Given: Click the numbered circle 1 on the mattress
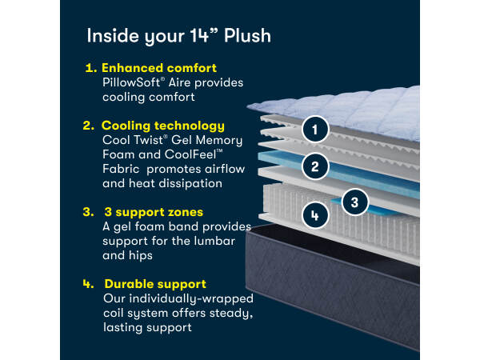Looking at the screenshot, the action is [315, 129].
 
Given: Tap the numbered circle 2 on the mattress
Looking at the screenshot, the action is [315, 166].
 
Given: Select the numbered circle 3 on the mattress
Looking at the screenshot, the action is [354, 202].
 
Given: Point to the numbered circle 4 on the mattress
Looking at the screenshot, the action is [315, 215].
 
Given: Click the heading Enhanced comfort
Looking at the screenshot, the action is [159, 68].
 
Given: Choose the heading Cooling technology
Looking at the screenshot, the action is [163, 126].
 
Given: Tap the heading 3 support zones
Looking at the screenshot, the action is [154, 212].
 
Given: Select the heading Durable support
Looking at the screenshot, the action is [155, 284].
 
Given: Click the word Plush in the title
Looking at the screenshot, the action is [247, 36].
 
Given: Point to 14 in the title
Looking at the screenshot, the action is [199, 36].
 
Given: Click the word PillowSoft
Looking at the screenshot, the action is [131, 82].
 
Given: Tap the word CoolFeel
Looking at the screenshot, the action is [190, 154].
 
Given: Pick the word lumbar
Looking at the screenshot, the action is [214, 241].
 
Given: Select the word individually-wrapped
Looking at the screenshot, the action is [191, 298].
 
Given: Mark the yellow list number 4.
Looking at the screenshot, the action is [88, 284].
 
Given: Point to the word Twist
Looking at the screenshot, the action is [148, 140].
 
